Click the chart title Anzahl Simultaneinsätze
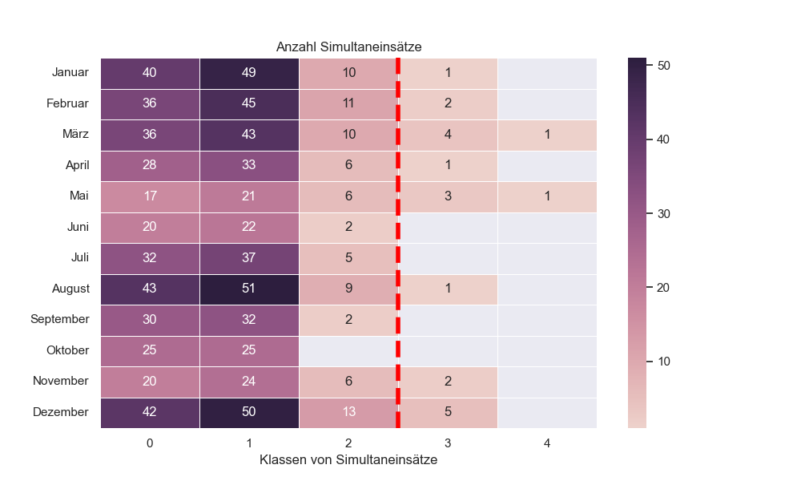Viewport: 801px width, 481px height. click(348, 47)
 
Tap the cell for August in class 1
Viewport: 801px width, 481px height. click(249, 289)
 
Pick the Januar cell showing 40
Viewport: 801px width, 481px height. click(150, 73)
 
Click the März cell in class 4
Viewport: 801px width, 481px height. click(547, 135)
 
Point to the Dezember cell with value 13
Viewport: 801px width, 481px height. click(348, 412)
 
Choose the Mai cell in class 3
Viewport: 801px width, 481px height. click(448, 196)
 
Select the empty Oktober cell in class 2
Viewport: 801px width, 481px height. click(348, 350)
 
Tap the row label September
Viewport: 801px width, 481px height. click(60, 319)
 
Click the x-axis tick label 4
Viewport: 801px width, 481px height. click(547, 443)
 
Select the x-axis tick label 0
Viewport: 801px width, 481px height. click(150, 443)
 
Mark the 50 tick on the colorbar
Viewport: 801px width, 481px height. click(663, 66)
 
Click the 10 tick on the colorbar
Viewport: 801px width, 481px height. click(663, 362)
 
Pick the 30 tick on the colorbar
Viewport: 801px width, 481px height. click(663, 214)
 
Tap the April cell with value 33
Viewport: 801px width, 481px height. click(249, 165)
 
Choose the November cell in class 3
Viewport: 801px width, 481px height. click(448, 381)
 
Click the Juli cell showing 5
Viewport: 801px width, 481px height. click(348, 258)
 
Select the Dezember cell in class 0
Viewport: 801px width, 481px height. click(150, 412)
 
